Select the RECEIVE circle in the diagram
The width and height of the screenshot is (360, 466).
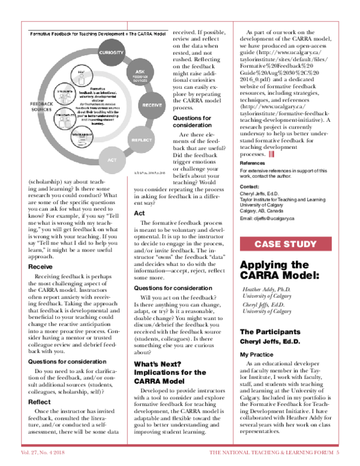(151, 105)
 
